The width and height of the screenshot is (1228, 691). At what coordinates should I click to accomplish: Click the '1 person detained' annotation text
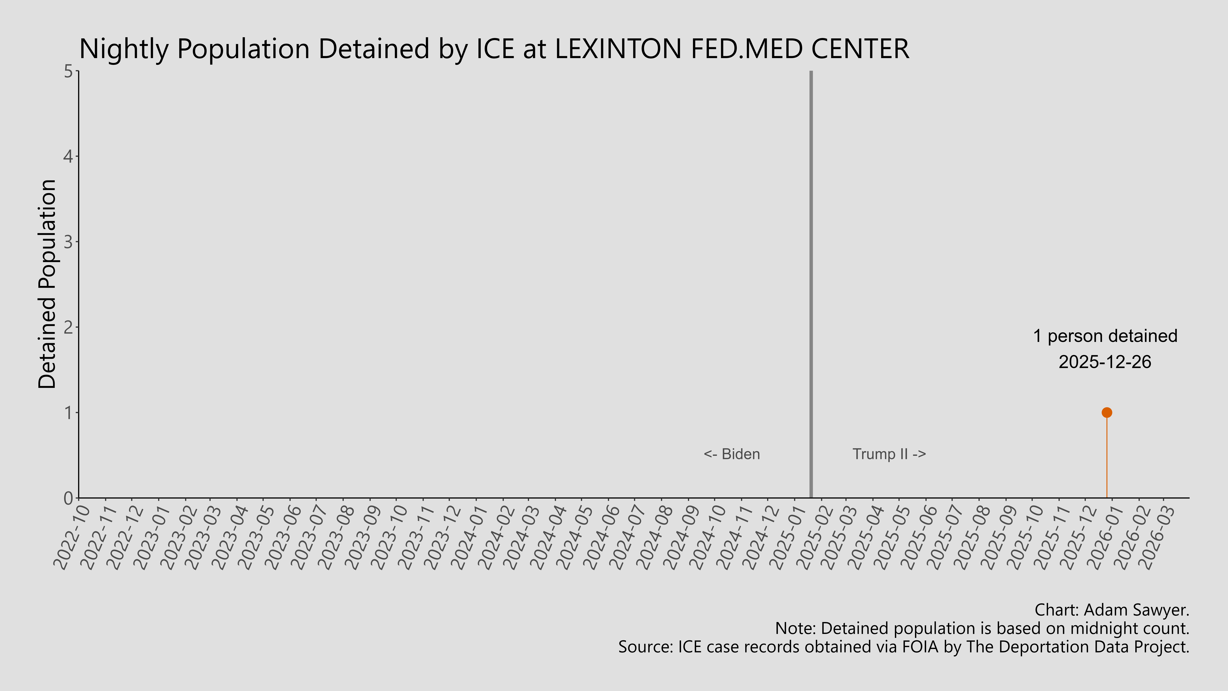[x=1105, y=336]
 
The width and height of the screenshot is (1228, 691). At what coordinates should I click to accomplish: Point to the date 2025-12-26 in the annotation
[x=1105, y=362]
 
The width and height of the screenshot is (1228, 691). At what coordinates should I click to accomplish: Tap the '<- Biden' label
[x=732, y=454]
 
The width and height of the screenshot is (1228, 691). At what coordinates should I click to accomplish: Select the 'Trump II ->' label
[x=889, y=454]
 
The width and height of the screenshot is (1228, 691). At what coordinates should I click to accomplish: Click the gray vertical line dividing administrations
[x=811, y=286]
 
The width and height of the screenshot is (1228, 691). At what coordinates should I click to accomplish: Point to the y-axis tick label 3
[x=68, y=242]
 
